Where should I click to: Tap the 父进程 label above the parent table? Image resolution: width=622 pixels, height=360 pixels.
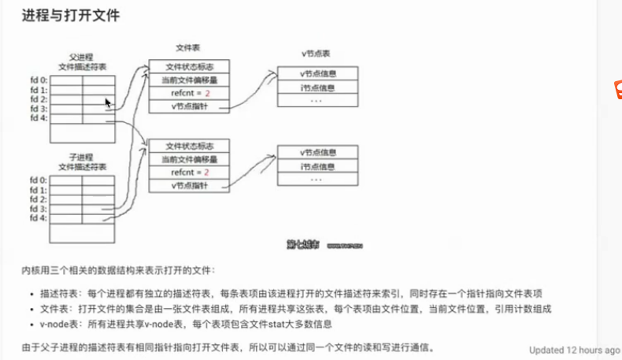click(82, 56)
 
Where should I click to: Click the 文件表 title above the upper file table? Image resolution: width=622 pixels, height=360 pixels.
click(188, 49)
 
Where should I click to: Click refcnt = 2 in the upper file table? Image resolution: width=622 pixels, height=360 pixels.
click(190, 93)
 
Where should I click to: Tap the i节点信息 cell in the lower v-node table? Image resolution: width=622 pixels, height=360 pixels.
click(318, 165)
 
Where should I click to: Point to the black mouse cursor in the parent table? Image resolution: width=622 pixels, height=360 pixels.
click(109, 103)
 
